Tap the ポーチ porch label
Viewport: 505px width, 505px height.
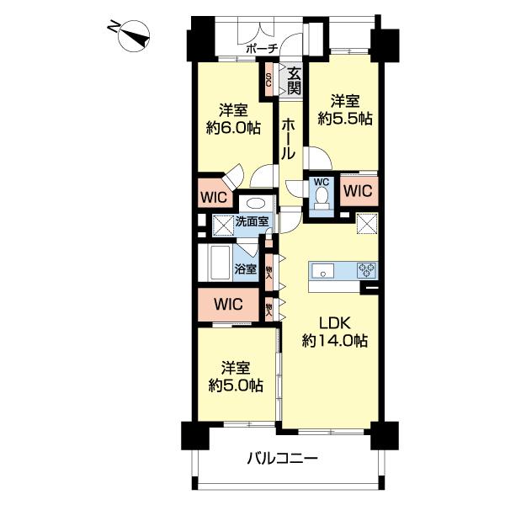click(x=262, y=49)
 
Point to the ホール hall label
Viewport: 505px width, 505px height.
click(x=288, y=139)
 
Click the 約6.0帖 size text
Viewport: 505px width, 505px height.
click(x=233, y=129)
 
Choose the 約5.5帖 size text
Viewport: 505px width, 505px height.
click(x=345, y=119)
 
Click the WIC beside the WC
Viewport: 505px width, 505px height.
click(x=359, y=191)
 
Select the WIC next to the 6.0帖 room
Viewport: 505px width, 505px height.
click(x=214, y=196)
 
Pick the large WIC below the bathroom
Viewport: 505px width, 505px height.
click(x=228, y=304)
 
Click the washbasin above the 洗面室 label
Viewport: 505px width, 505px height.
click(x=256, y=205)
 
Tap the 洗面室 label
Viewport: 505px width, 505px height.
click(x=252, y=221)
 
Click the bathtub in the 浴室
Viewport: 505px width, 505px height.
click(x=220, y=263)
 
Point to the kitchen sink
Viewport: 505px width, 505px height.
click(x=322, y=270)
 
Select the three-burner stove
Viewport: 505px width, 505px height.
click(x=366, y=270)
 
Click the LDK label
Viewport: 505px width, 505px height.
click(x=334, y=322)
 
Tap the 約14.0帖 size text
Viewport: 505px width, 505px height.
click(x=335, y=341)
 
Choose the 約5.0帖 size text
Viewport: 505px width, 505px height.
click(x=236, y=385)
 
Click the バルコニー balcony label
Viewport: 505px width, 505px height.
click(x=283, y=458)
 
